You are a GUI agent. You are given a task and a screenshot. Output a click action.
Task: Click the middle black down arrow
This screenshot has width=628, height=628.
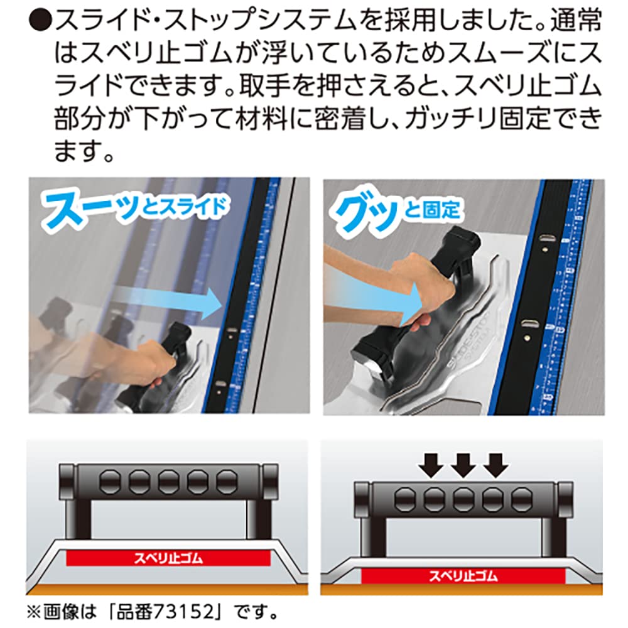[463, 466]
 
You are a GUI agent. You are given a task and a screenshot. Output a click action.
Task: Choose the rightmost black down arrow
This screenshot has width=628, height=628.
[495, 466]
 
